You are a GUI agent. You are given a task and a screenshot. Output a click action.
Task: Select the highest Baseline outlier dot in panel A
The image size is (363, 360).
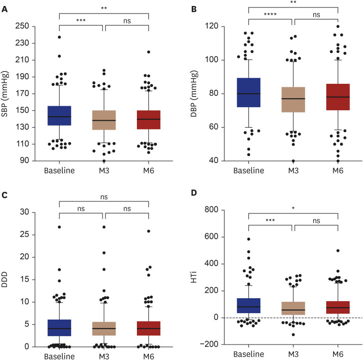(59, 37)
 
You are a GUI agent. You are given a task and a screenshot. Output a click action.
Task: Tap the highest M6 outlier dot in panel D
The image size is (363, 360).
(338, 251)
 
